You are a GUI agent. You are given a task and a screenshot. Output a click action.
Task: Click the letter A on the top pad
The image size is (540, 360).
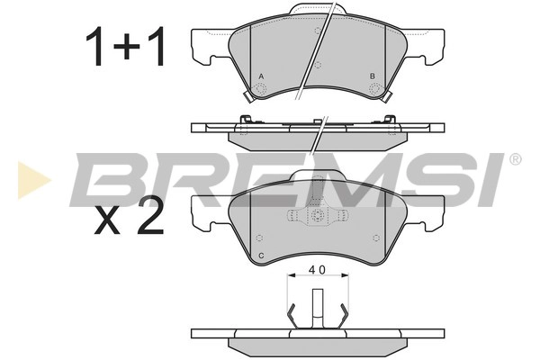(x=261, y=76)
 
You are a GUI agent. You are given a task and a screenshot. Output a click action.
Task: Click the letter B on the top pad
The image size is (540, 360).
(x=372, y=76)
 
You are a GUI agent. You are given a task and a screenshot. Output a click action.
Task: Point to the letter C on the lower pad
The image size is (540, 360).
(x=261, y=256)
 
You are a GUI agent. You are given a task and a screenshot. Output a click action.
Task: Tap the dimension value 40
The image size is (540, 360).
(x=317, y=270)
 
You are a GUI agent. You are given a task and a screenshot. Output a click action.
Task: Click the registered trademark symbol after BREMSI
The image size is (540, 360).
(x=515, y=159)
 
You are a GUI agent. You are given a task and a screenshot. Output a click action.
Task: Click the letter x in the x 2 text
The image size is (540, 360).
(x=107, y=221)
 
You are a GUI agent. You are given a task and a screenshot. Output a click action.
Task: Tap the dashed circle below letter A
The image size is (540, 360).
(x=261, y=89)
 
